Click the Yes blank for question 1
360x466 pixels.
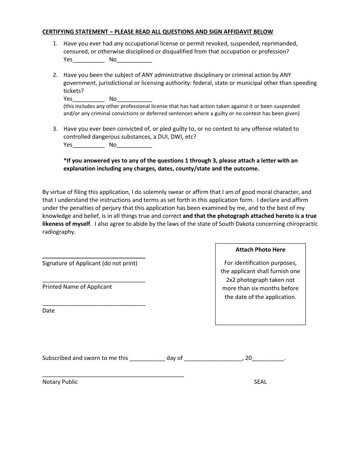(88, 60)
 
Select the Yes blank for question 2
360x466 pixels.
(88, 99)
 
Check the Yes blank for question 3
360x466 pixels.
(88, 145)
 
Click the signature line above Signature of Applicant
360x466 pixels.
(94, 257)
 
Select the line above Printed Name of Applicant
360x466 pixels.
(94, 281)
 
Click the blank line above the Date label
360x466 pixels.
(94, 305)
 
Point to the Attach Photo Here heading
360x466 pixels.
(260, 250)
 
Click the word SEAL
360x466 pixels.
(260, 382)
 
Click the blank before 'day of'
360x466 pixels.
(147, 358)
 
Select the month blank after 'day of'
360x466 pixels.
(213, 358)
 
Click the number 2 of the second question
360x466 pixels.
(55, 75)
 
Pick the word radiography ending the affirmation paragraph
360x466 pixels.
(58, 232)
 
